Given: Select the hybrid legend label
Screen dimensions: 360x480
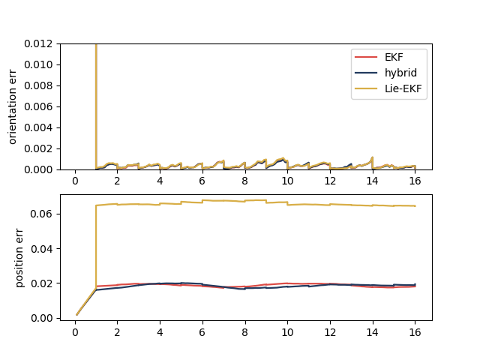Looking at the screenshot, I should point(401,73).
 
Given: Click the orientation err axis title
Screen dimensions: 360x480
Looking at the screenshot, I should point(13,106).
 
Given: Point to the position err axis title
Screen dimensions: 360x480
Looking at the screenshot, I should point(20,257).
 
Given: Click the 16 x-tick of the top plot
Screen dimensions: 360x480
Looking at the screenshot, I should point(415,181).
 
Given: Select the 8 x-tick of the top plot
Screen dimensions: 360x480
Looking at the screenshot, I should point(244,181).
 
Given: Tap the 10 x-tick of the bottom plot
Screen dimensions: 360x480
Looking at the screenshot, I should point(287,331).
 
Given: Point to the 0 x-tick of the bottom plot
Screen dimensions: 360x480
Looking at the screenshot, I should point(75,331).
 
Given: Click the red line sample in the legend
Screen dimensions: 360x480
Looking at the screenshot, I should point(366,58).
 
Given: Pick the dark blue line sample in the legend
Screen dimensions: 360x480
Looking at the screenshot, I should point(366,73).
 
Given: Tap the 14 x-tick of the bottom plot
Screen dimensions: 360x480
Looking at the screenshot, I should point(372,331).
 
